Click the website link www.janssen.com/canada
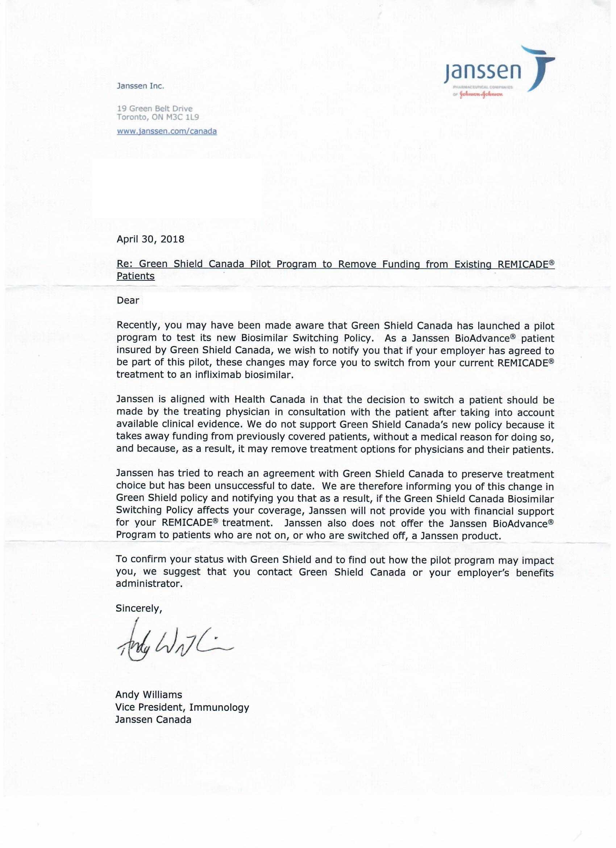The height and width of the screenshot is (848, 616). click(167, 131)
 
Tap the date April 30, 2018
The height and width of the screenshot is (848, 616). click(150, 239)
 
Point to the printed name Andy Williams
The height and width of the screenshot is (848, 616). click(149, 694)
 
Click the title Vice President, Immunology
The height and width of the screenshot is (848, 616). click(182, 707)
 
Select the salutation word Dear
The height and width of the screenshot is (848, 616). click(128, 300)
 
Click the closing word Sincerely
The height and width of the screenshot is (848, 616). click(138, 608)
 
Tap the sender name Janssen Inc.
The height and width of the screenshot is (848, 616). click(141, 86)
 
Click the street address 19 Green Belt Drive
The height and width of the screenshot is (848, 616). click(155, 108)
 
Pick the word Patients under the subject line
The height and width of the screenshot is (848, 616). click(136, 276)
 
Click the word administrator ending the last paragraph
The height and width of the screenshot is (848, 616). click(149, 584)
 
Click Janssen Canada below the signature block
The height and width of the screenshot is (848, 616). click(153, 719)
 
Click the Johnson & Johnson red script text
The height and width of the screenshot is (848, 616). click(481, 94)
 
